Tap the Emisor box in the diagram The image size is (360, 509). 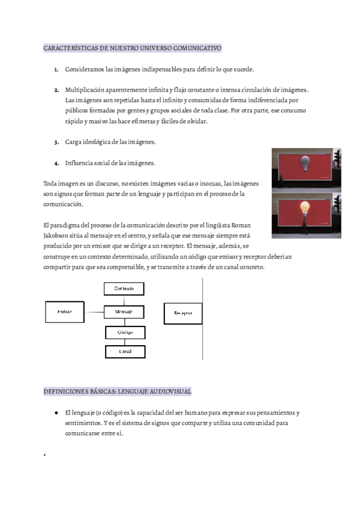coord(65,312)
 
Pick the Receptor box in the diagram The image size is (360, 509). coord(183,313)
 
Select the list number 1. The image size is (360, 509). coord(56,70)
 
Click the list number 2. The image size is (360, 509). coord(56,90)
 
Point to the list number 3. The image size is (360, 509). coord(56,142)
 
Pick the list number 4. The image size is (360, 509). coord(56,163)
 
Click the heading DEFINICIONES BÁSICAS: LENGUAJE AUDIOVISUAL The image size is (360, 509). coord(118,391)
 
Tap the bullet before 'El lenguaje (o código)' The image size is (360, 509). coord(55,414)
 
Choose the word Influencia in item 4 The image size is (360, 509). coord(79,163)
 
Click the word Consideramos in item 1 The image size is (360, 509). coord(83,70)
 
